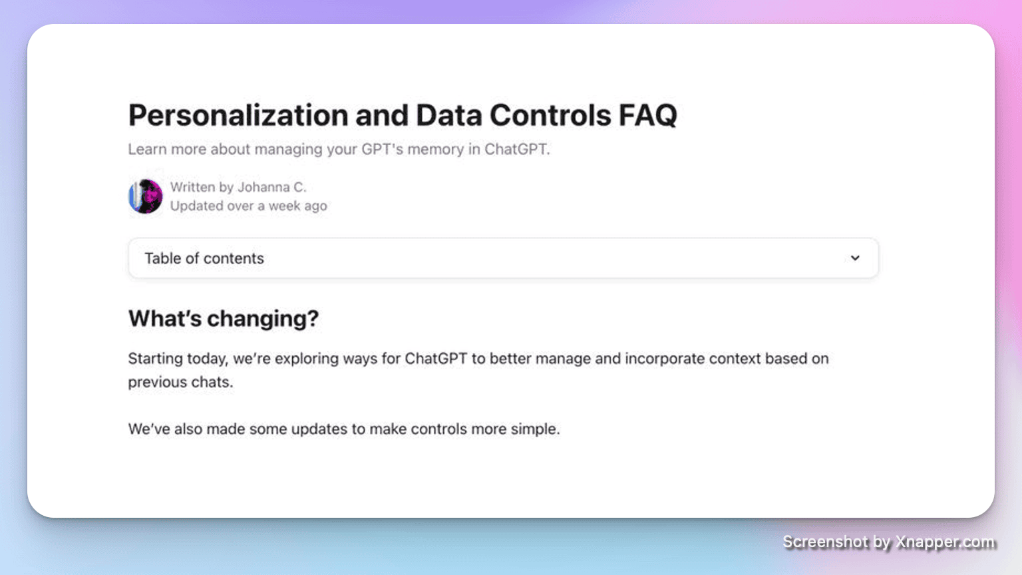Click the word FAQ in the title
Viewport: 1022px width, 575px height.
[648, 115]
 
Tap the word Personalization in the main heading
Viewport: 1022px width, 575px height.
[238, 115]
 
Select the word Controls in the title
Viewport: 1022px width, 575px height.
[550, 115]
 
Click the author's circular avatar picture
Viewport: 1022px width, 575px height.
[146, 196]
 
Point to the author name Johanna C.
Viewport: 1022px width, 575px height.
[272, 187]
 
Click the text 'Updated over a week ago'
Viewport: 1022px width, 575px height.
[249, 206]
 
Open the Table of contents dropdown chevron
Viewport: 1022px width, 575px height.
[855, 258]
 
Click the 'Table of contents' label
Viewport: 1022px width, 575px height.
[204, 258]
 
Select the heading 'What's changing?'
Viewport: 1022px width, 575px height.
[224, 319]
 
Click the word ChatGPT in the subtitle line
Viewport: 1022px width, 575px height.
[517, 149]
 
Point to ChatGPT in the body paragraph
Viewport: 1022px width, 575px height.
[436, 359]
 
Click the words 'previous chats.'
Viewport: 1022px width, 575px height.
[181, 382]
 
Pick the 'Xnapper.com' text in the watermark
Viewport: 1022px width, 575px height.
[945, 542]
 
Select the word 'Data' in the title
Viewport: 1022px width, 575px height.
[449, 115]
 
